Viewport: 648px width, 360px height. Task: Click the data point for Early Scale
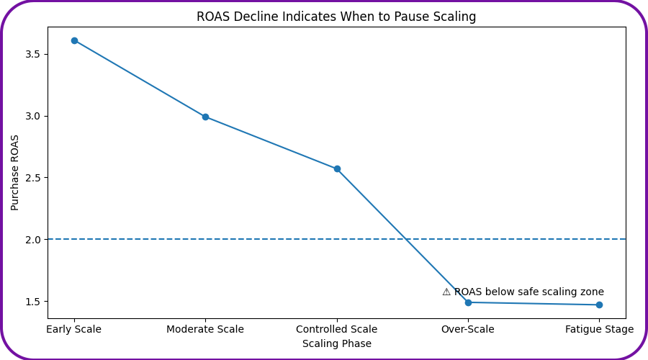click(74, 40)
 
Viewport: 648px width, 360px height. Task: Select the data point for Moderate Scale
click(205, 117)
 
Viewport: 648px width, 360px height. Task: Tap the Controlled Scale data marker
click(337, 168)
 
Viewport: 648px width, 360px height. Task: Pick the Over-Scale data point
click(468, 302)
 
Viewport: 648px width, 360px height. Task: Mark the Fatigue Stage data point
click(599, 305)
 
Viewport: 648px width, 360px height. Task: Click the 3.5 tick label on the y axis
click(33, 54)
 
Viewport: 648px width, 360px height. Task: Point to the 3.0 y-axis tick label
click(33, 116)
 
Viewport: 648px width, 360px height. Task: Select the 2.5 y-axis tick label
click(33, 178)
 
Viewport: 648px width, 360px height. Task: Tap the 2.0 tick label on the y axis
click(33, 239)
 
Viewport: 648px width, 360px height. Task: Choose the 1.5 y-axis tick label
click(33, 301)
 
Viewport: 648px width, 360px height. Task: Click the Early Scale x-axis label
click(74, 329)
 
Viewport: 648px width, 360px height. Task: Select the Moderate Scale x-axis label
click(205, 329)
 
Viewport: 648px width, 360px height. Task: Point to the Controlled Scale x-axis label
click(337, 329)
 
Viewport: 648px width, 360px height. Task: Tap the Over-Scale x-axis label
click(468, 329)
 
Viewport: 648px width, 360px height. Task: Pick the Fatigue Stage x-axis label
click(599, 329)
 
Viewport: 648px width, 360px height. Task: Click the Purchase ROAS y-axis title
click(15, 172)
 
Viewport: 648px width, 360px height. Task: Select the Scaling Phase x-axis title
click(337, 343)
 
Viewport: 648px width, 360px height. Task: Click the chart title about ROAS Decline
click(336, 17)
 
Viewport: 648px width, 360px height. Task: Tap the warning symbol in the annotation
click(446, 292)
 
